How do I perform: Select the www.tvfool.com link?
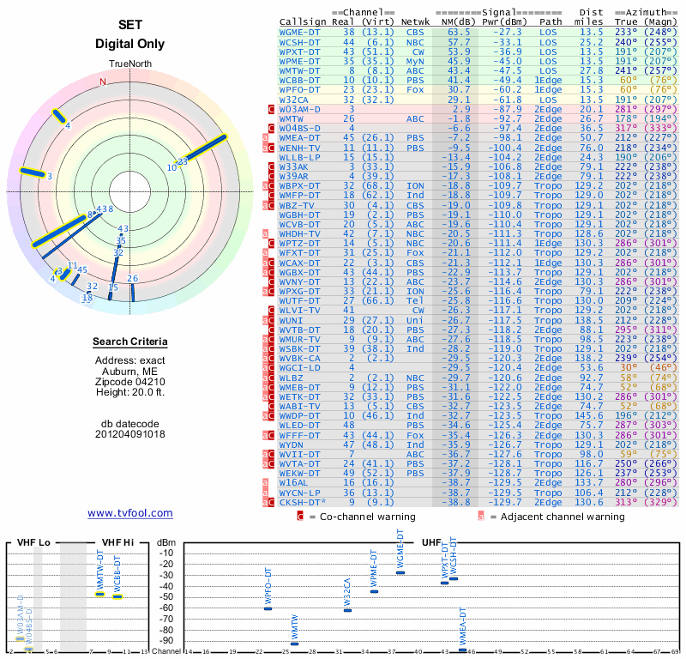(130, 513)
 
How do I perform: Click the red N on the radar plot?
(103, 82)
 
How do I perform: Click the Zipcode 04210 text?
(130, 382)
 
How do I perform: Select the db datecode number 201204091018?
(130, 433)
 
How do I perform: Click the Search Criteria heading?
(130, 342)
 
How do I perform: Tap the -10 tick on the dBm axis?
(166, 553)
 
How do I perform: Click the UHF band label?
(431, 542)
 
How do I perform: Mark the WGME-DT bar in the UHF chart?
(400, 572)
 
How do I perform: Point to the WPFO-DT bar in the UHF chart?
(268, 608)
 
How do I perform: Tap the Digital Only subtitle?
(130, 44)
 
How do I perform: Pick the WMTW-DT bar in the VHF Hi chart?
(99, 594)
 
